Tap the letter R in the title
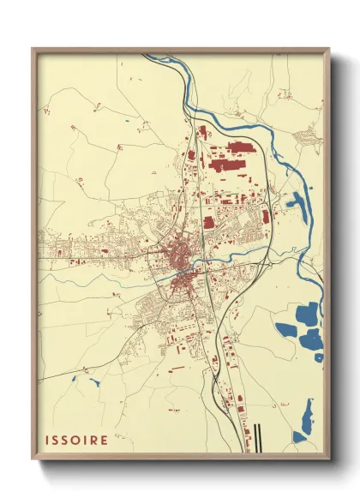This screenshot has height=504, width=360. [x=95, y=441]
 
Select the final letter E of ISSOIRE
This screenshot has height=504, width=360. [x=105, y=441]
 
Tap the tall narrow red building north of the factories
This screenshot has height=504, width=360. [x=202, y=134]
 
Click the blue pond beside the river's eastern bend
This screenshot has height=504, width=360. [x=296, y=204]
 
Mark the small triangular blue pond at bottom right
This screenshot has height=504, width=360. [x=299, y=437]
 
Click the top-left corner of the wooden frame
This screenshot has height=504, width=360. [x=33, y=49]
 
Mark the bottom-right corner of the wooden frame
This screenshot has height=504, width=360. [x=330, y=455]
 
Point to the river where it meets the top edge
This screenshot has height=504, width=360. [x=147, y=57]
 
